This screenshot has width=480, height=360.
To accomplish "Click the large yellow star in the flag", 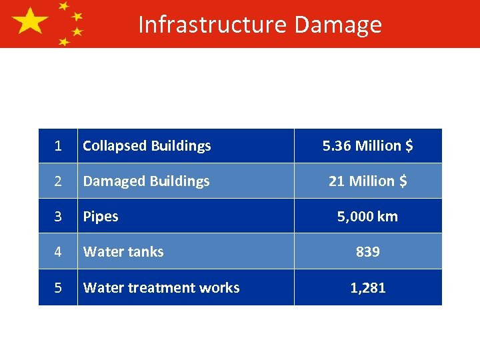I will point(29,22).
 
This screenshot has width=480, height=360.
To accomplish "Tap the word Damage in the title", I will point(337,24).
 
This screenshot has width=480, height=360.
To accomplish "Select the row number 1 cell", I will point(58,145).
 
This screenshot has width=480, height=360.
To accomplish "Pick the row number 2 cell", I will point(58,181).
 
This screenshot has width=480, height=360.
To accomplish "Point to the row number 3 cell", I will point(58,216).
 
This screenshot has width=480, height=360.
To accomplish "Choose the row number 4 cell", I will point(58,251).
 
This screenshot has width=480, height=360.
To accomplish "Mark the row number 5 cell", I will point(58,287).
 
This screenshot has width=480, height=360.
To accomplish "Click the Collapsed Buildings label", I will point(147,145).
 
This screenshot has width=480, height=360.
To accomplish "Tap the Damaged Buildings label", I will point(146,181).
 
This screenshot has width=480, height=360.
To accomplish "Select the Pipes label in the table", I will point(101,216).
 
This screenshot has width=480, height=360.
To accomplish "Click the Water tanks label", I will point(123,251).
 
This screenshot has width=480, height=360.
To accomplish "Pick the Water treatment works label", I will point(161,287).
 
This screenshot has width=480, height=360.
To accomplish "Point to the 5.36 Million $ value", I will point(367,145).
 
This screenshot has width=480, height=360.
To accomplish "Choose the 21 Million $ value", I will point(367,181).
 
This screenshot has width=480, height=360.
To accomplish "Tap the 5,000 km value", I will point(367,216).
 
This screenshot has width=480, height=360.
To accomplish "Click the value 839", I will point(367,251).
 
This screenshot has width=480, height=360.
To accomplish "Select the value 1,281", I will point(367,287).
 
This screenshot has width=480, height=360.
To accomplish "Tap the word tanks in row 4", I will point(146,251).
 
